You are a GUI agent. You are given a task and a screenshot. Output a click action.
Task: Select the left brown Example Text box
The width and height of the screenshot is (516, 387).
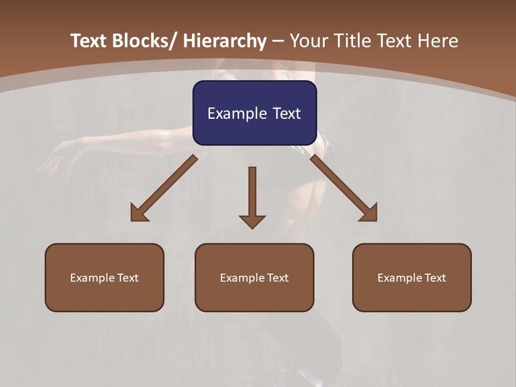(104, 277)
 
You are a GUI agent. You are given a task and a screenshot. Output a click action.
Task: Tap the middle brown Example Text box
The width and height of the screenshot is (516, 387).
(254, 277)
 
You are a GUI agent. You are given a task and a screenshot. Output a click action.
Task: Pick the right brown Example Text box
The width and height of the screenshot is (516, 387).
(412, 277)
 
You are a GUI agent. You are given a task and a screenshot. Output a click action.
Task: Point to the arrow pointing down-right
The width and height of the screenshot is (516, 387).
(342, 186)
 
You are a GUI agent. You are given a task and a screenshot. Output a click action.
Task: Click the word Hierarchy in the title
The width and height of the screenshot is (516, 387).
(225, 41)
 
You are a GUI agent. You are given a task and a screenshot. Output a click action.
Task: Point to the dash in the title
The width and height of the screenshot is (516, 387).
(278, 41)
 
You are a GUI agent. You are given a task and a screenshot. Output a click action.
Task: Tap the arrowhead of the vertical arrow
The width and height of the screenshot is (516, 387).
(252, 221)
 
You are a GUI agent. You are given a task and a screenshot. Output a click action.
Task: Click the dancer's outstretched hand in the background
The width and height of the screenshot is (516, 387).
(54, 161)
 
